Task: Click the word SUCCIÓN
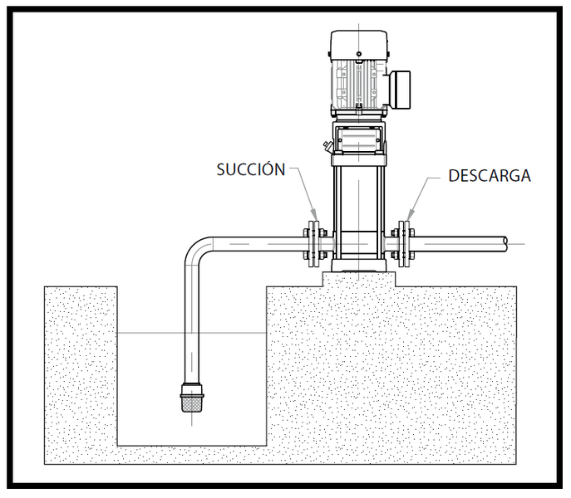click(x=251, y=169)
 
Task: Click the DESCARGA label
click(x=489, y=176)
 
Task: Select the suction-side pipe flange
click(x=312, y=242)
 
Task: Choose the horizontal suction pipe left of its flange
click(x=258, y=243)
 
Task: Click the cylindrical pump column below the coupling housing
click(x=358, y=207)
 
